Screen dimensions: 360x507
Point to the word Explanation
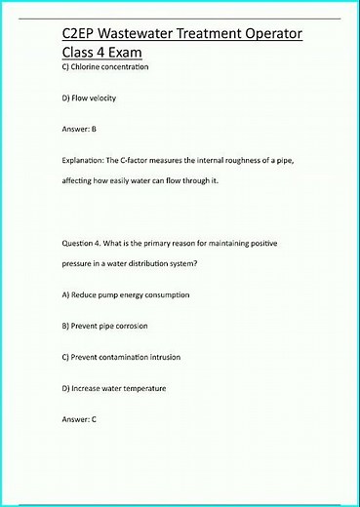85,159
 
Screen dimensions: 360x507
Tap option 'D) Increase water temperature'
113,388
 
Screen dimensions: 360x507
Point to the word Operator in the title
263,34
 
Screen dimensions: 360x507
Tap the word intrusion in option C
163,357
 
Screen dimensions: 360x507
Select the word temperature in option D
142,388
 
